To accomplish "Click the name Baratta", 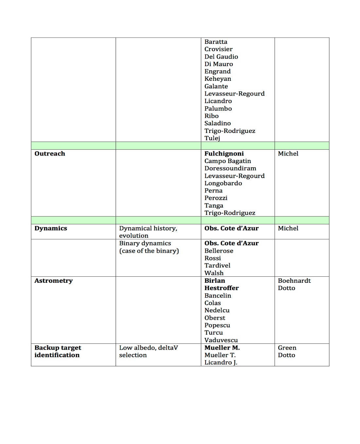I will coord(216,42).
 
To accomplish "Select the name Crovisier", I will coord(218,49).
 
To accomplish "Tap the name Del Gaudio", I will coord(221,57).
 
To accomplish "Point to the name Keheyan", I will coord(218,79).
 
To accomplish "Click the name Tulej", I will coord(212,138).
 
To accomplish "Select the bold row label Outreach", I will coord(50,154).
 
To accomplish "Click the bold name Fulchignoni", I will coord(224,154).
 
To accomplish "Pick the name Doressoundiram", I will coord(230,168).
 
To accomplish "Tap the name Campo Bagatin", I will coord(227,161).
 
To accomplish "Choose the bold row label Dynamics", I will coord(51,228).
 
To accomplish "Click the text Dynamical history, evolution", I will coord(148,232).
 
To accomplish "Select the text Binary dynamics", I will coord(145,243).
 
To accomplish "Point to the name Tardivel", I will coord(217,266).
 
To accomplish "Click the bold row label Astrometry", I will coord(54,281).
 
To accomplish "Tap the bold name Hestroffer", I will coord(222,288).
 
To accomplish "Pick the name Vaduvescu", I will coord(221,340).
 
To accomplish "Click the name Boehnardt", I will coord(294,281).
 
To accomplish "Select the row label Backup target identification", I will coord(58,351).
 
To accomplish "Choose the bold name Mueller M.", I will coord(222,348).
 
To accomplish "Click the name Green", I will coord(287,348).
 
